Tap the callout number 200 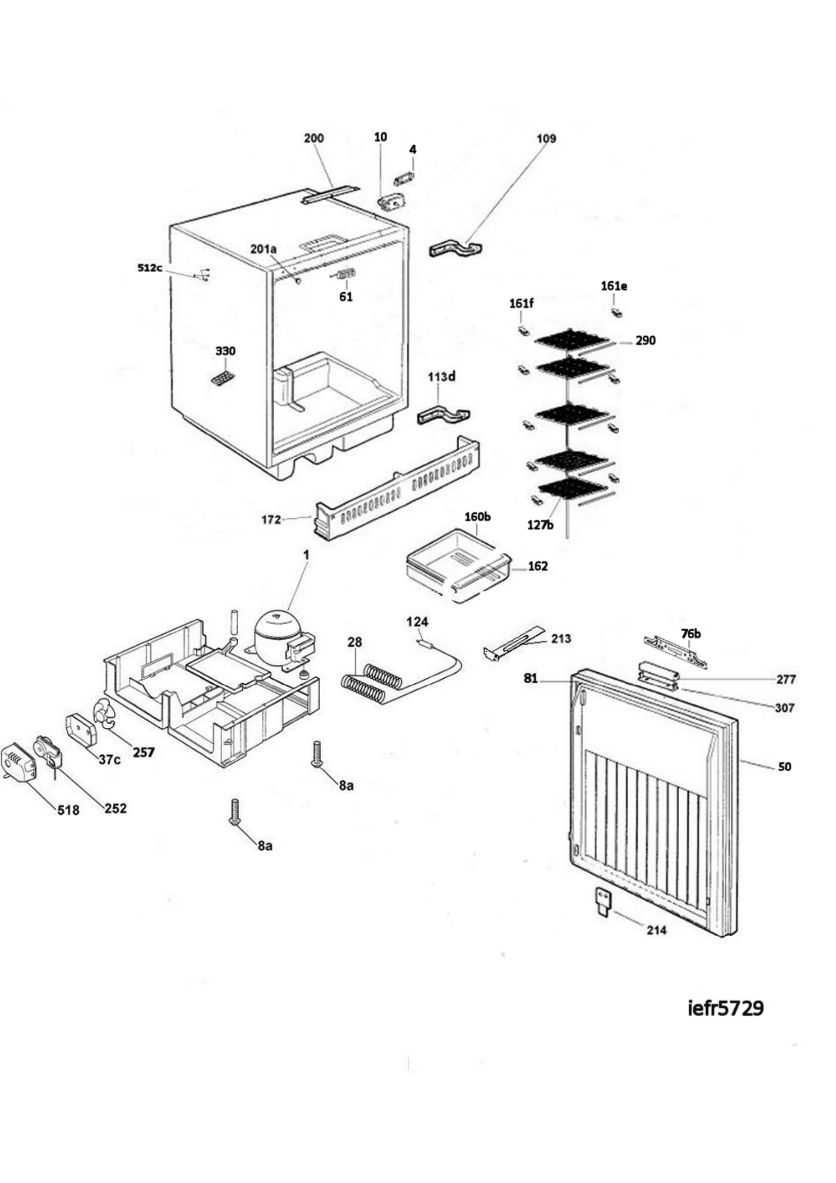[x=314, y=138]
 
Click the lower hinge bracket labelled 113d [x=444, y=416]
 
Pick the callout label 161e [x=614, y=286]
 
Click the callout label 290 [x=645, y=340]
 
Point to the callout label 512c [x=150, y=268]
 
